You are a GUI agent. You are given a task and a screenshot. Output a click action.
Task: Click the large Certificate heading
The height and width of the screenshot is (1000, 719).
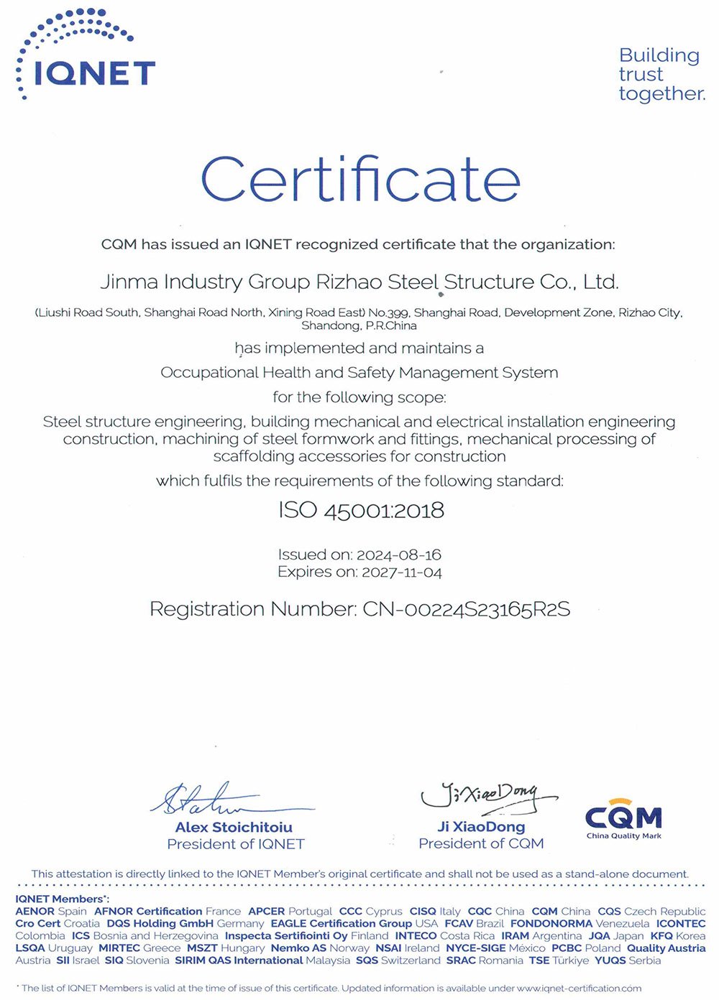[x=360, y=180]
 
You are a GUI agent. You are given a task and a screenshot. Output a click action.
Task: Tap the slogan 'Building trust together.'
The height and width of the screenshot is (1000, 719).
[x=661, y=75]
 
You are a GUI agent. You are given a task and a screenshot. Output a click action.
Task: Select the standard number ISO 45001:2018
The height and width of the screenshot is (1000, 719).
[x=361, y=511]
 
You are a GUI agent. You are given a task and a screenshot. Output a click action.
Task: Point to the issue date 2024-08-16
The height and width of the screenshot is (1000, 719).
[x=398, y=555]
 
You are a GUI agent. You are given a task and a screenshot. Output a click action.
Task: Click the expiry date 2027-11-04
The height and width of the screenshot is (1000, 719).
[x=401, y=573]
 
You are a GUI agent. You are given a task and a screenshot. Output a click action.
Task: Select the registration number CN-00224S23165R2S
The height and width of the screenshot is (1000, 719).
[x=466, y=610]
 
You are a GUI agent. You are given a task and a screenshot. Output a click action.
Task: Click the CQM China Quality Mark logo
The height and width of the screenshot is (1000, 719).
[x=623, y=819]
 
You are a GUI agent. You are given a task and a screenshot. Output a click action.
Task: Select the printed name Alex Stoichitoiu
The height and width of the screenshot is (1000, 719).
[x=234, y=828]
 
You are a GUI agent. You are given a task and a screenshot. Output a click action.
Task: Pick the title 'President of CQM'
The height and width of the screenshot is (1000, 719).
[x=481, y=843]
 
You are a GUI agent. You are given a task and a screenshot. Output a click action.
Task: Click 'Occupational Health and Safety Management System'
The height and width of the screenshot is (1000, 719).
[x=359, y=373]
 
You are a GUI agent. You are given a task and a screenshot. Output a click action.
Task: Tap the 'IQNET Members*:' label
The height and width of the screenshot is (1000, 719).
[x=62, y=899]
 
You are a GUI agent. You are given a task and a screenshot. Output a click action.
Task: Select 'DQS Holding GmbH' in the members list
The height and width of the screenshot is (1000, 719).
[x=160, y=923]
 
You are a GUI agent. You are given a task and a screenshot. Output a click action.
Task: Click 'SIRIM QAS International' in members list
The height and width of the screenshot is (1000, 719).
[x=238, y=960]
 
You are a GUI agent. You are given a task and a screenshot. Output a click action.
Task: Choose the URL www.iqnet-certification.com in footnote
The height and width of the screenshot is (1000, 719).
[x=579, y=989]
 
